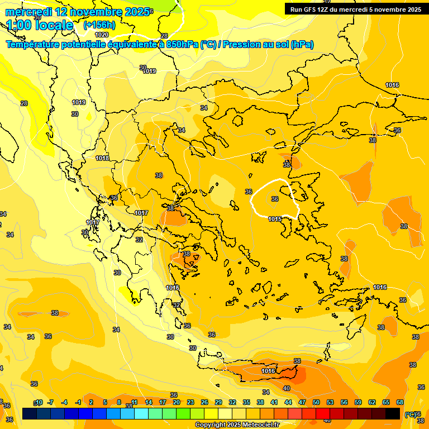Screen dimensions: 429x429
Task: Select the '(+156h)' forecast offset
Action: click(x=99, y=25)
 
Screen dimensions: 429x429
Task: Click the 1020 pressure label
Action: click(x=102, y=35)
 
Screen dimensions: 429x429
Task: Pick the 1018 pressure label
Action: click(x=102, y=158)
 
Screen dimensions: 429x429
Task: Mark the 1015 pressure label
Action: click(x=275, y=219)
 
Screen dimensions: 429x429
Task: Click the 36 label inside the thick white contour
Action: click(x=275, y=199)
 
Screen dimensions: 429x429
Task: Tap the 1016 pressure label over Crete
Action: click(x=268, y=371)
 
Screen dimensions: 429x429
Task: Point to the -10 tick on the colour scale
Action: click(x=38, y=402)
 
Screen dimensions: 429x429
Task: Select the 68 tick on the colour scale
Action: click(x=400, y=402)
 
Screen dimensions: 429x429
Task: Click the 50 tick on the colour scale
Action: click(x=316, y=402)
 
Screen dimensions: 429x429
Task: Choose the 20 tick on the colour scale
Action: click(x=177, y=402)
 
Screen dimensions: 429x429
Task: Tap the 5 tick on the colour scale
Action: click(x=105, y=402)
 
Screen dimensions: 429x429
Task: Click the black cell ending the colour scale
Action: click(x=393, y=413)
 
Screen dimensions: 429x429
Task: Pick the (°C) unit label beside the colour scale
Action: click(x=411, y=414)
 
